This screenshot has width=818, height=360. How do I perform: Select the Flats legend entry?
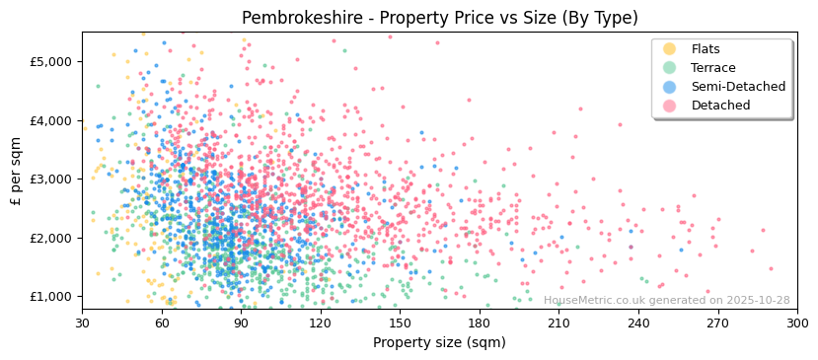[706, 49]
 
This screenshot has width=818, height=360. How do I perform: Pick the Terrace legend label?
[713, 68]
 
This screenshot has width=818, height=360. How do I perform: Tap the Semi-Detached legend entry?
[738, 87]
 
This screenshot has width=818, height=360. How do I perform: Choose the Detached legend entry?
[719, 106]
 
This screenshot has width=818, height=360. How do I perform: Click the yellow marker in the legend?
[670, 49]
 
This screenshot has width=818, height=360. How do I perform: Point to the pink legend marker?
[670, 106]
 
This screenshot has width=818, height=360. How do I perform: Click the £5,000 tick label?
[52, 61]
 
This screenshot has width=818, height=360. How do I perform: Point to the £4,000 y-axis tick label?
[52, 120]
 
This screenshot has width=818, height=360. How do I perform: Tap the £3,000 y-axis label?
[52, 179]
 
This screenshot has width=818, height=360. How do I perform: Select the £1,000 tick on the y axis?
[52, 296]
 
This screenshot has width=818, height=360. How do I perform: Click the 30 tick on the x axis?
[82, 323]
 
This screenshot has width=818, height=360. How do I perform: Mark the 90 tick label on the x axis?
[241, 323]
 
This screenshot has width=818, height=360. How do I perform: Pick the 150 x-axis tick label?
[400, 323]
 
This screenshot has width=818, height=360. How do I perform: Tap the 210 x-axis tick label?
[558, 323]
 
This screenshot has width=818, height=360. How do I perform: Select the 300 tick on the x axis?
[796, 323]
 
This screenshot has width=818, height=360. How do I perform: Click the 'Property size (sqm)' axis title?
[439, 342]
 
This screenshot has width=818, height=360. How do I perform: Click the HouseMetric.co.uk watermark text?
[667, 301]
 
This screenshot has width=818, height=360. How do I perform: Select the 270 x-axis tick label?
[717, 323]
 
